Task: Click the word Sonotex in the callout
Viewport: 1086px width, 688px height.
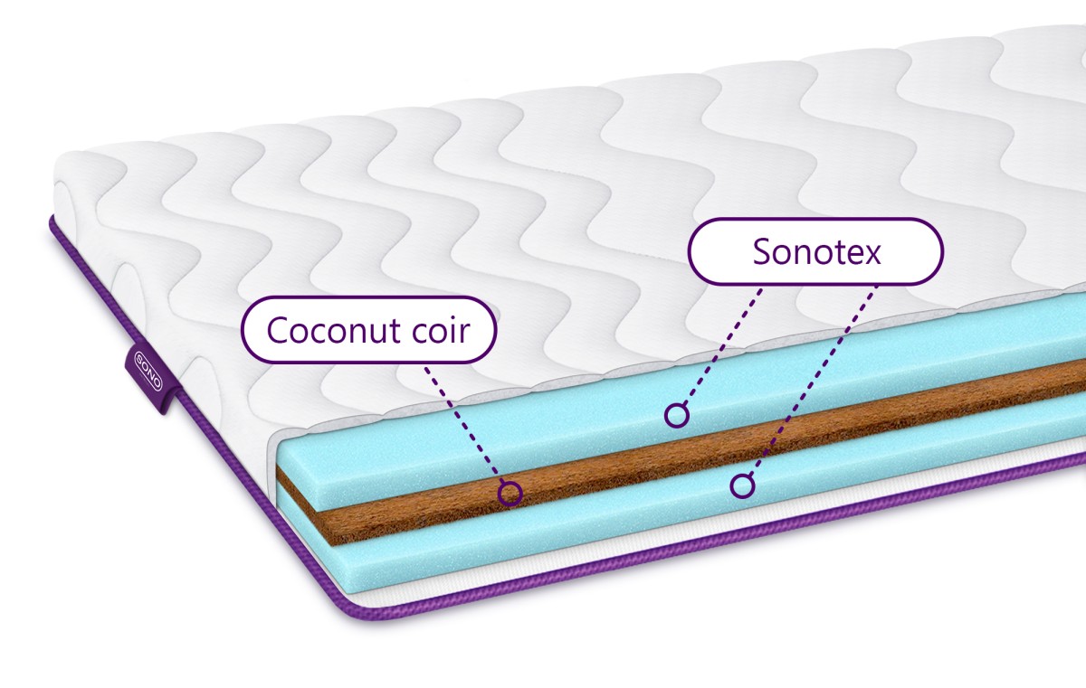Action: point(816,251)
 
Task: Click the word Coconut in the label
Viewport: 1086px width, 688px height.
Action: point(335,330)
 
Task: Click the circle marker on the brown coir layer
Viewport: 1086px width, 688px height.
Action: point(510,494)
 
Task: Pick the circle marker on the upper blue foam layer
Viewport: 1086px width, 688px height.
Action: point(677,415)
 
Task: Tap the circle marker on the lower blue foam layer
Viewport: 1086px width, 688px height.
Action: point(742,485)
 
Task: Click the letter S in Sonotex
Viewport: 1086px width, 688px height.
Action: point(762,251)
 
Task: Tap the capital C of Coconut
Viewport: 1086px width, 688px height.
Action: point(278,330)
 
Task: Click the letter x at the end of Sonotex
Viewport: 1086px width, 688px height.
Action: point(872,255)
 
